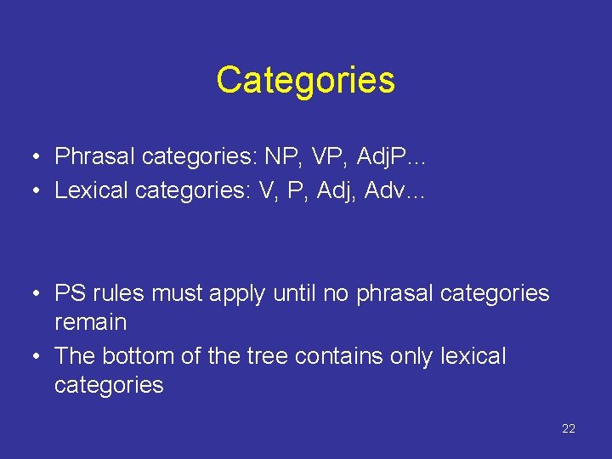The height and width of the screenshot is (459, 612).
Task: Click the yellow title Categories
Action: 305,80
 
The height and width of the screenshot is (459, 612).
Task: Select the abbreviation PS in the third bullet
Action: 70,293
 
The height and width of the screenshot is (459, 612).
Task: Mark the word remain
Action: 90,322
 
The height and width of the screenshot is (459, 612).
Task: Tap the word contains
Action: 332,355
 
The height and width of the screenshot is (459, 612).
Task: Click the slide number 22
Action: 569,428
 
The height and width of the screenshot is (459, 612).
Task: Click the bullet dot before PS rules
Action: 38,294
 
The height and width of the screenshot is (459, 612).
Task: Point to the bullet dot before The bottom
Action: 38,356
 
